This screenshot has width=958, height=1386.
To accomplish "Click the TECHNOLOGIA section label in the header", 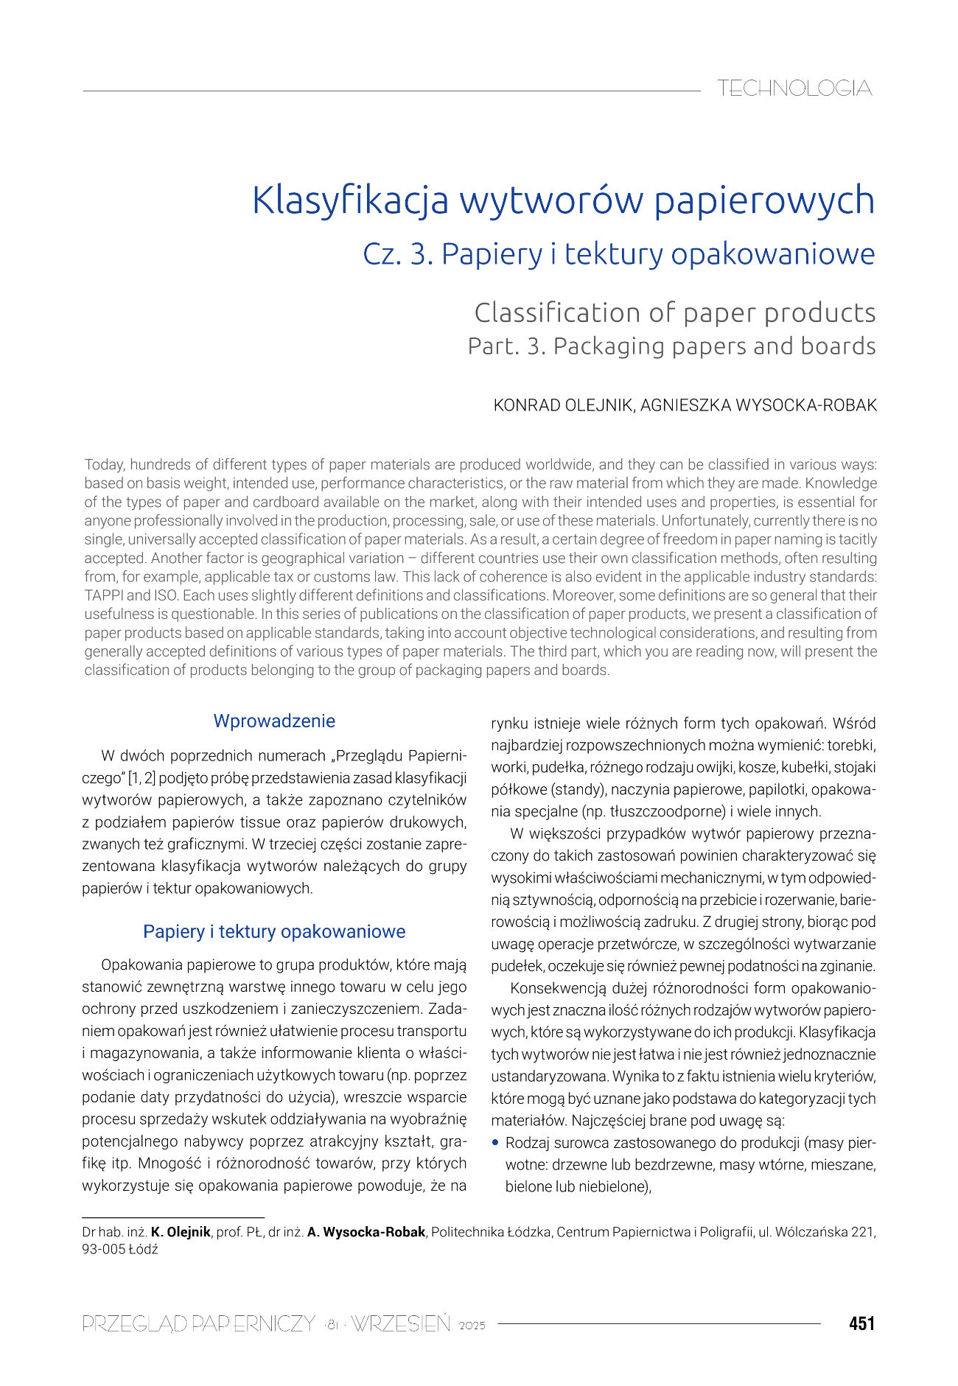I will click(x=794, y=88).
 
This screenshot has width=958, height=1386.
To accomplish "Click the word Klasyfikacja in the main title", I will click(x=350, y=200).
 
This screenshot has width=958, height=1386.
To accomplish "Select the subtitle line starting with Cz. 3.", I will click(x=618, y=254).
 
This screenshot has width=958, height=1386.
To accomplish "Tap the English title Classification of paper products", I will click(x=674, y=312).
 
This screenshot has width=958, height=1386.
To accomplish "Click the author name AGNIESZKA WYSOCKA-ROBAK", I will click(x=758, y=405).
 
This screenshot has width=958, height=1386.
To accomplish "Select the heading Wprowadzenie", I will click(x=274, y=721).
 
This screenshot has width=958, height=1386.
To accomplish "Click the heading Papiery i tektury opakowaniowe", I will click(x=274, y=931).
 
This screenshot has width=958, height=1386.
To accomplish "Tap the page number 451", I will click(x=861, y=1324).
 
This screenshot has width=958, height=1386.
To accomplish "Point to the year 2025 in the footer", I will click(x=472, y=1326).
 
